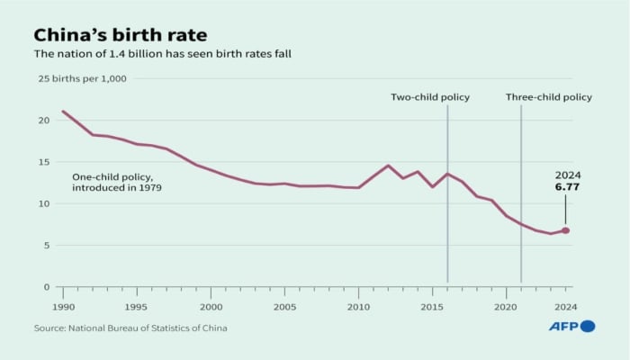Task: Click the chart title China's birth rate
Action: (120, 35)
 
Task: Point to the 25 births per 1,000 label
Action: (81, 79)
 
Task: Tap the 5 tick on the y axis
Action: (45, 245)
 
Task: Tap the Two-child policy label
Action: (429, 97)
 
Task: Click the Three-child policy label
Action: (548, 97)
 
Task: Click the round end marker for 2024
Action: (565, 230)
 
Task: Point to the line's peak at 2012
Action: (388, 166)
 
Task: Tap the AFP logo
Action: (571, 326)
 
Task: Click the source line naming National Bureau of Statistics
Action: (130, 328)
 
